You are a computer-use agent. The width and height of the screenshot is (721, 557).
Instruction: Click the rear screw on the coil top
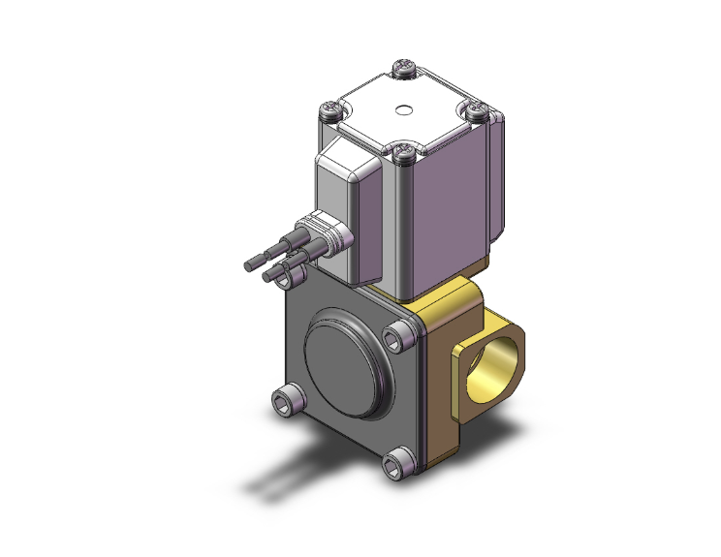[x=403, y=69]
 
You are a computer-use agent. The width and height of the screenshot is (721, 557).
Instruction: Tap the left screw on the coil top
[x=335, y=108]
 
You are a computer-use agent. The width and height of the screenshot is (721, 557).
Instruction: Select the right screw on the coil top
[x=476, y=111]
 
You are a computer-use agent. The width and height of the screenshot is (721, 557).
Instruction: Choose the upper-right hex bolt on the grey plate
[x=395, y=337]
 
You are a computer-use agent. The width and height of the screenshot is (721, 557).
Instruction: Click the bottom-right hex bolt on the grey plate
[x=398, y=464]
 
